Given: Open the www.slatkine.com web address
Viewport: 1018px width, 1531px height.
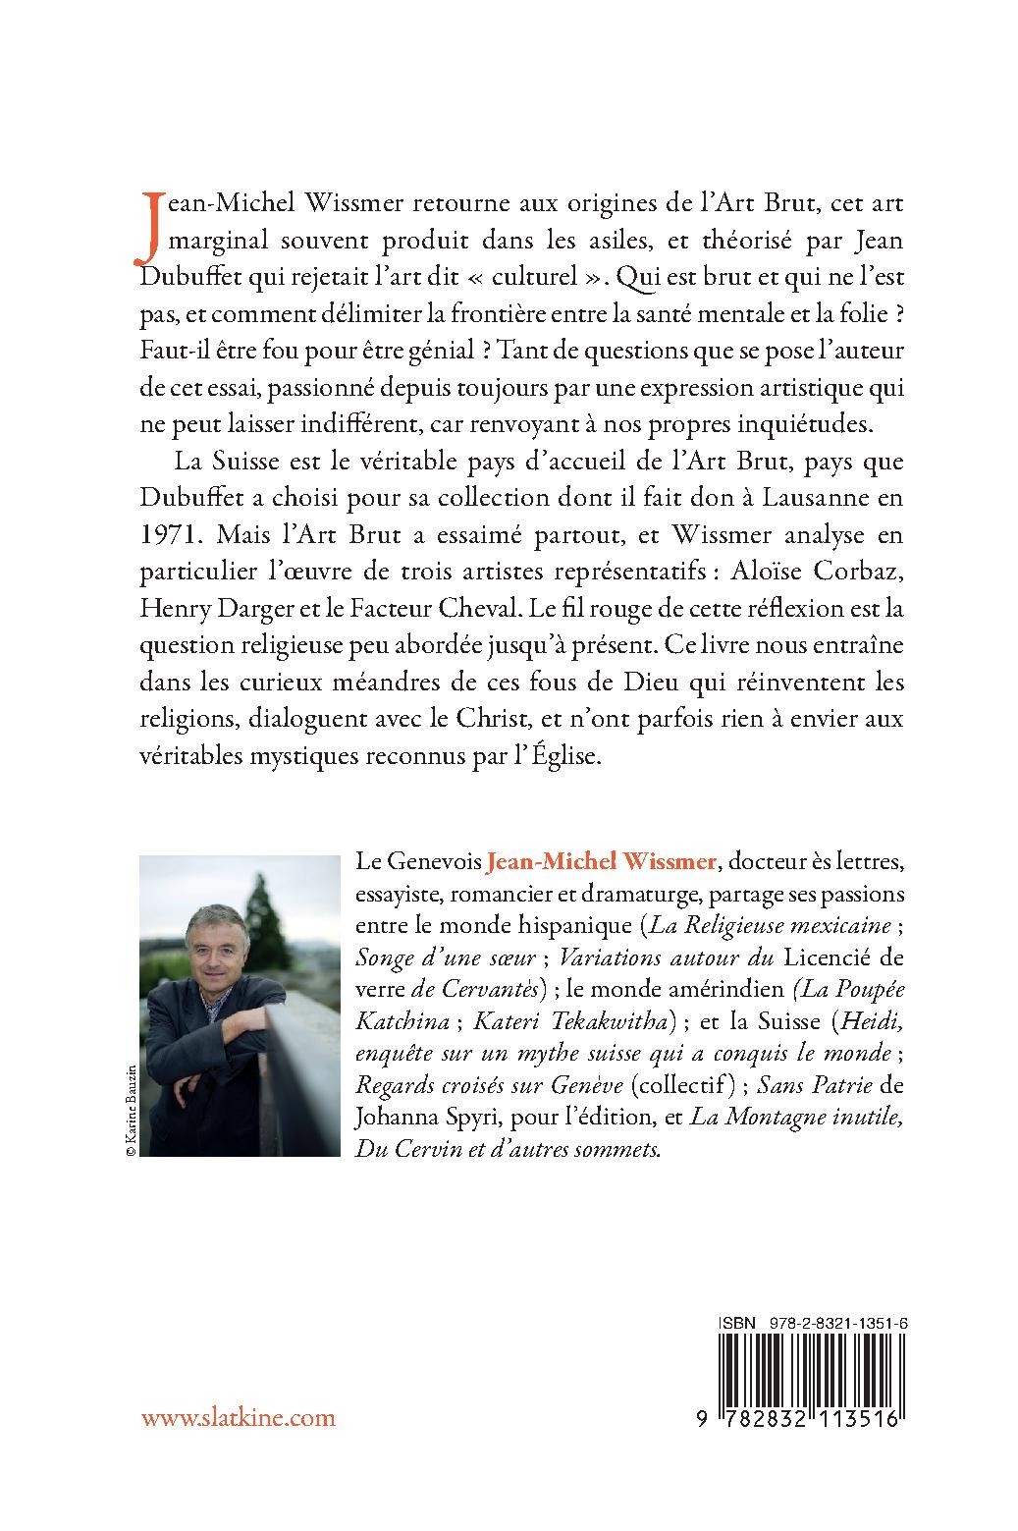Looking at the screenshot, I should pyautogui.click(x=239, y=1418).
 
